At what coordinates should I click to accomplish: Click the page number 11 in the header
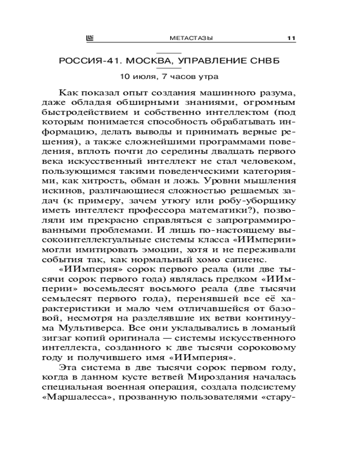[x=291, y=39]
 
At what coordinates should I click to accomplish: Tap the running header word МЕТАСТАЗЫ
[x=187, y=39]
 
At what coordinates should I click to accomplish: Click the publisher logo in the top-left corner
[x=89, y=39]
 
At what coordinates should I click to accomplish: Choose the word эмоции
[x=172, y=249]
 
